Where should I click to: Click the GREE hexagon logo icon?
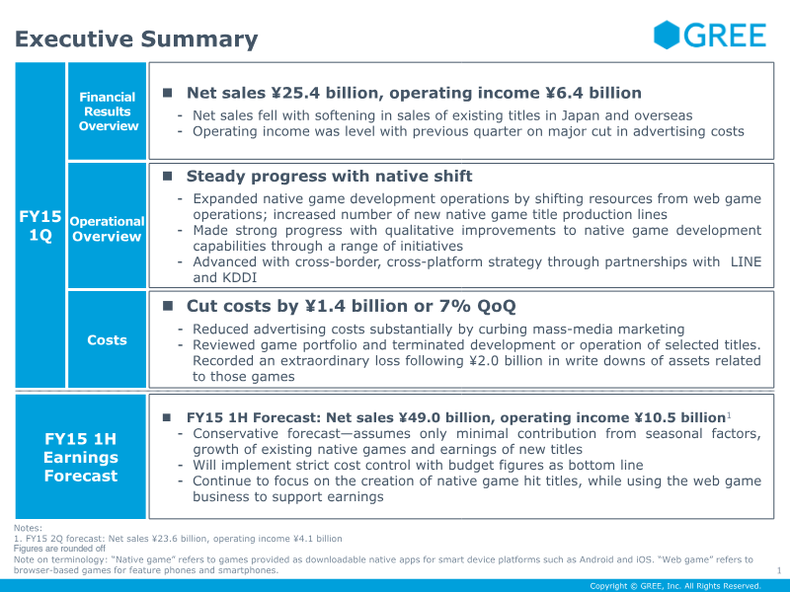coord(668,36)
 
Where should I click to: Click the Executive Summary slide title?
coord(136,39)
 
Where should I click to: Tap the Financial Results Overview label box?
coord(108,111)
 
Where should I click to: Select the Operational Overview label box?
coord(107,229)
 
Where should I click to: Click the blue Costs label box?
coord(107,339)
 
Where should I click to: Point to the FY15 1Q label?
coord(39,226)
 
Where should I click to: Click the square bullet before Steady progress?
coord(168,177)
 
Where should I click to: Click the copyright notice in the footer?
coord(674,585)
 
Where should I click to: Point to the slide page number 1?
coord(778,570)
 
